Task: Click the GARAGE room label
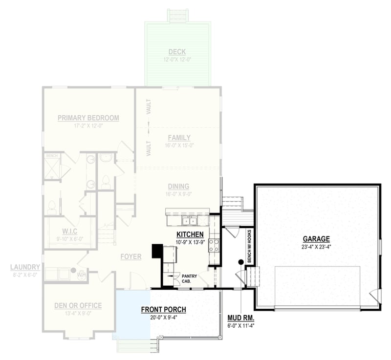316,239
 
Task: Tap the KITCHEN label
190,235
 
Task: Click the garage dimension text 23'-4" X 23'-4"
316,247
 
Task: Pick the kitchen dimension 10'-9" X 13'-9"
190,242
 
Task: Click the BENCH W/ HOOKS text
249,247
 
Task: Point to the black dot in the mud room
240,262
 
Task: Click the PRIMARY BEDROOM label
88,118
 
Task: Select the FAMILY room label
179,138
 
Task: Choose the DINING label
178,187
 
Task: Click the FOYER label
131,256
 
